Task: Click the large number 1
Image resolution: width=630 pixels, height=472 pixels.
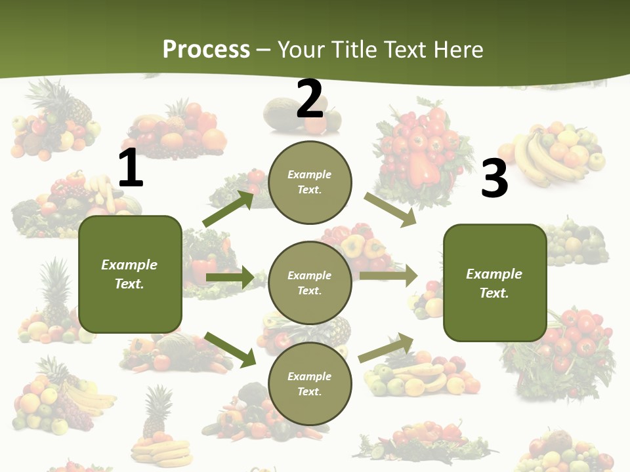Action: tap(131, 168)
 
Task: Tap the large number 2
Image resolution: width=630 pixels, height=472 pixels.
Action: tap(310, 99)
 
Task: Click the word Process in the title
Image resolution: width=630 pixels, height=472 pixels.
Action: tap(206, 49)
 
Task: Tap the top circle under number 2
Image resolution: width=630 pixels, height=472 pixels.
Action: tap(310, 182)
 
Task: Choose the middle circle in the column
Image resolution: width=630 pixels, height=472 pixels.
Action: tap(310, 283)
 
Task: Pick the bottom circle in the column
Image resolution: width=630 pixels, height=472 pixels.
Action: tap(310, 384)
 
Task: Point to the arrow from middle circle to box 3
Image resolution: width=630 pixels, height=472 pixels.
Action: tap(388, 276)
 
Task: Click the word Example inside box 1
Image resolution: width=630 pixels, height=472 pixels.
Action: tap(129, 265)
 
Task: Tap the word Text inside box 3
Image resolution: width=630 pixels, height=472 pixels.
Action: tap(494, 293)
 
